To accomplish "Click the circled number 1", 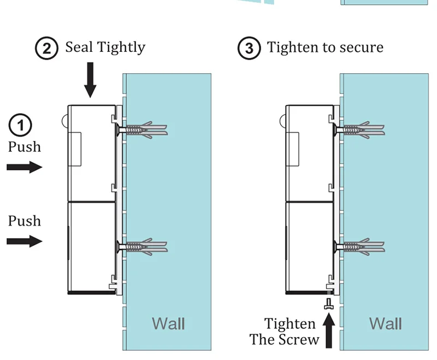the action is coord(20,125).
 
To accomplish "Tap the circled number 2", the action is coord(46,48).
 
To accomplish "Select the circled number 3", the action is coord(249,48).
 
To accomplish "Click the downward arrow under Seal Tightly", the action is coord(90,80).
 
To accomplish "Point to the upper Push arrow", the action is coord(25,167).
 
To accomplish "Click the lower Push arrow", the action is coord(25,241).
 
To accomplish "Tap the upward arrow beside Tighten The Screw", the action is coord(329,331).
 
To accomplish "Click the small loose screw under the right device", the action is coord(329,304).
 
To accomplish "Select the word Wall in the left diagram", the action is coord(168,323).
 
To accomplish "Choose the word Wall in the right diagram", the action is coord(386,323).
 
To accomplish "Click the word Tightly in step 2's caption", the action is coord(121,48).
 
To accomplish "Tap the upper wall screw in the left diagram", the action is coord(142,130).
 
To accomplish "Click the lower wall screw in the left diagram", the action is coord(142,246).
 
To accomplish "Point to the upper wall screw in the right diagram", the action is coord(359,130).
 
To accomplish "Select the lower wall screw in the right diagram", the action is coord(359,246).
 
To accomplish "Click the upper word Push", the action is coord(25,146).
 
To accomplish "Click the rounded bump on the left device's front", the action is coord(64,121).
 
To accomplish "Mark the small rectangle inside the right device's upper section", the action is coord(292,149).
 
